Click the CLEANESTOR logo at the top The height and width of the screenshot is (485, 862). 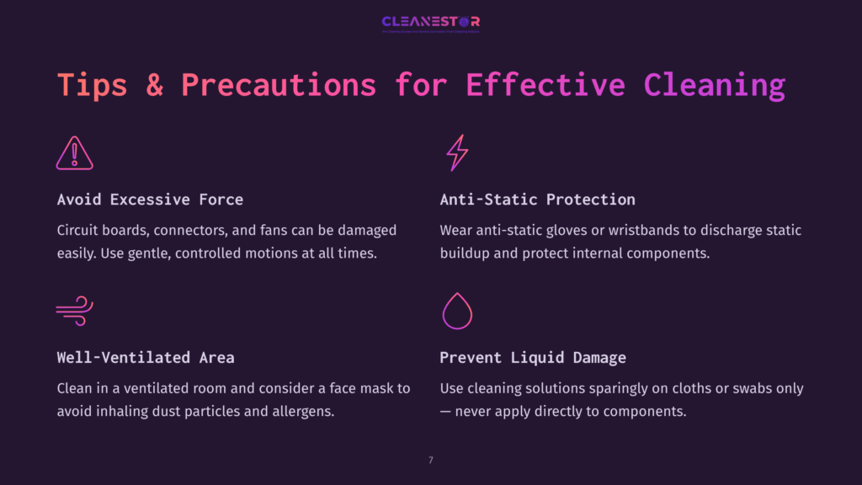[430, 22]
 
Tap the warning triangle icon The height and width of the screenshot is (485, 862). [74, 153]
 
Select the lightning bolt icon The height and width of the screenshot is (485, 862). [456, 153]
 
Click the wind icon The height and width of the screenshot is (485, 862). [74, 311]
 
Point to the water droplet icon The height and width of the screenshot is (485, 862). [457, 311]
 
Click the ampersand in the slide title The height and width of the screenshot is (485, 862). [154, 85]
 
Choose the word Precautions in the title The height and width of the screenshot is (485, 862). [279, 85]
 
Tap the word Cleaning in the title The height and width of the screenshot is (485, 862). [715, 85]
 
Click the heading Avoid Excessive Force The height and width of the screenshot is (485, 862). [150, 200]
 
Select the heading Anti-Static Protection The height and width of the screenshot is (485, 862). [537, 200]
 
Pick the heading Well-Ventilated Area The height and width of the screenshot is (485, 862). [146, 358]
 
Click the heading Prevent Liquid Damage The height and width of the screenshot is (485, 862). [533, 358]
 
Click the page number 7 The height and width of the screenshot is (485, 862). [431, 460]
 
